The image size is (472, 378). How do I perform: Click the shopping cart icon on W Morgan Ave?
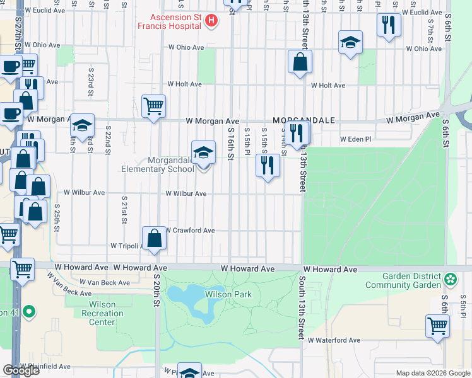point(153,106)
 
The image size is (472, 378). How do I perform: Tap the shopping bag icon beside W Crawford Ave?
point(154,238)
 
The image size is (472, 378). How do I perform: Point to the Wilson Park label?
point(228,294)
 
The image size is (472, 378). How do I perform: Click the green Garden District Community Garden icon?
point(451,278)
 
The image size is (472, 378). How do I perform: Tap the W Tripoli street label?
point(124,245)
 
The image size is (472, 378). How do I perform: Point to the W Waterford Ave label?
point(334,340)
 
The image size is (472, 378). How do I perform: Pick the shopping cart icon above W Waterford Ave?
point(437,326)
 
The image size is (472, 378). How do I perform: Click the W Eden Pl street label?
point(354,139)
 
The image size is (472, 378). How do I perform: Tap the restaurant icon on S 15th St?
point(268,165)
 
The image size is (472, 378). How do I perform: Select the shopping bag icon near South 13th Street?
point(300,62)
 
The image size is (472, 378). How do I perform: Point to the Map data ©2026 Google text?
point(432,373)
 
